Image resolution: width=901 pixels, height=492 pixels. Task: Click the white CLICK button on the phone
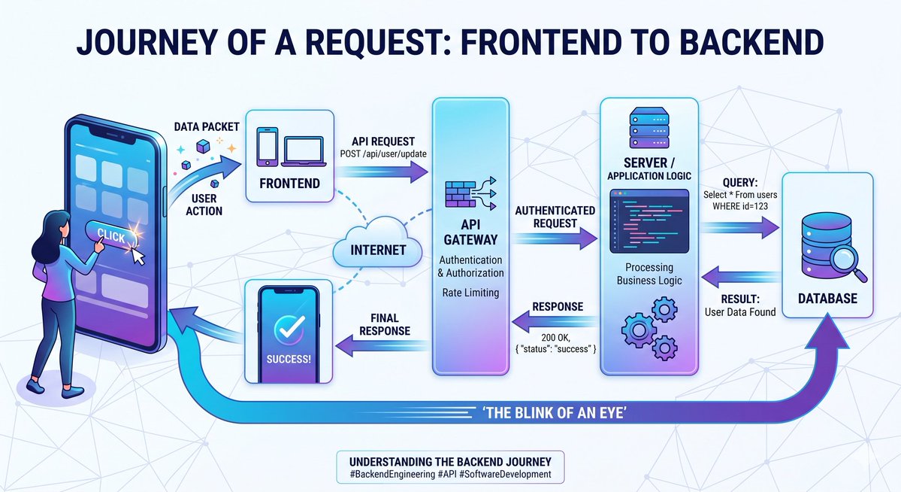pyautogui.click(x=113, y=234)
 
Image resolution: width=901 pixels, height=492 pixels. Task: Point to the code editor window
pyautogui.click(x=649, y=221)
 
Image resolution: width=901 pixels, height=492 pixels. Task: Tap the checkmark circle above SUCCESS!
pyautogui.click(x=289, y=329)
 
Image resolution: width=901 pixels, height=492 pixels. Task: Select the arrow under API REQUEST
pyautogui.click(x=382, y=171)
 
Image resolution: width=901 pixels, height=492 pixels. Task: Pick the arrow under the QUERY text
pyautogui.click(x=739, y=227)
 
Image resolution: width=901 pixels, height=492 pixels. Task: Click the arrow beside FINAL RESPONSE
pyautogui.click(x=382, y=345)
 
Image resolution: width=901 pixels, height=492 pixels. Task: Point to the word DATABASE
pyautogui.click(x=827, y=298)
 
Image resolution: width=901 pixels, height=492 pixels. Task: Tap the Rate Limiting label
pyautogui.click(x=470, y=293)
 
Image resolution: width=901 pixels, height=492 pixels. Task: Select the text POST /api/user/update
pyautogui.click(x=383, y=153)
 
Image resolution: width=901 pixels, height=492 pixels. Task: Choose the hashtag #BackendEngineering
pyautogui.click(x=392, y=475)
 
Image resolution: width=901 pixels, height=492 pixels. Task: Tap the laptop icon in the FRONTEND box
pyautogui.click(x=304, y=150)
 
